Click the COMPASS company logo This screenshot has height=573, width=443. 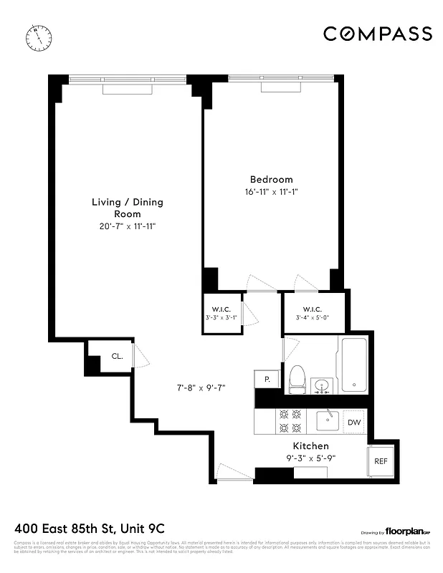click(x=377, y=34)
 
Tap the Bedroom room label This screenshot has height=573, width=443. click(x=271, y=179)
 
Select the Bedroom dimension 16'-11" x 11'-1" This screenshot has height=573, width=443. click(x=271, y=192)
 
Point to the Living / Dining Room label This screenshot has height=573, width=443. click(x=127, y=208)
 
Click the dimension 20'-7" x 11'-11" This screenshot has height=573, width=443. click(x=127, y=226)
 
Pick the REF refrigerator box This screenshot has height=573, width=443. click(x=380, y=461)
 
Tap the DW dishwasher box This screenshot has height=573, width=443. click(x=354, y=423)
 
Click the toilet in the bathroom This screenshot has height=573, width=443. click(x=297, y=378)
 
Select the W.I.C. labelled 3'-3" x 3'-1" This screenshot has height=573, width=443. click(x=221, y=312)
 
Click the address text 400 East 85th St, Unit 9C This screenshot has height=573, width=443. click(x=90, y=529)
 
